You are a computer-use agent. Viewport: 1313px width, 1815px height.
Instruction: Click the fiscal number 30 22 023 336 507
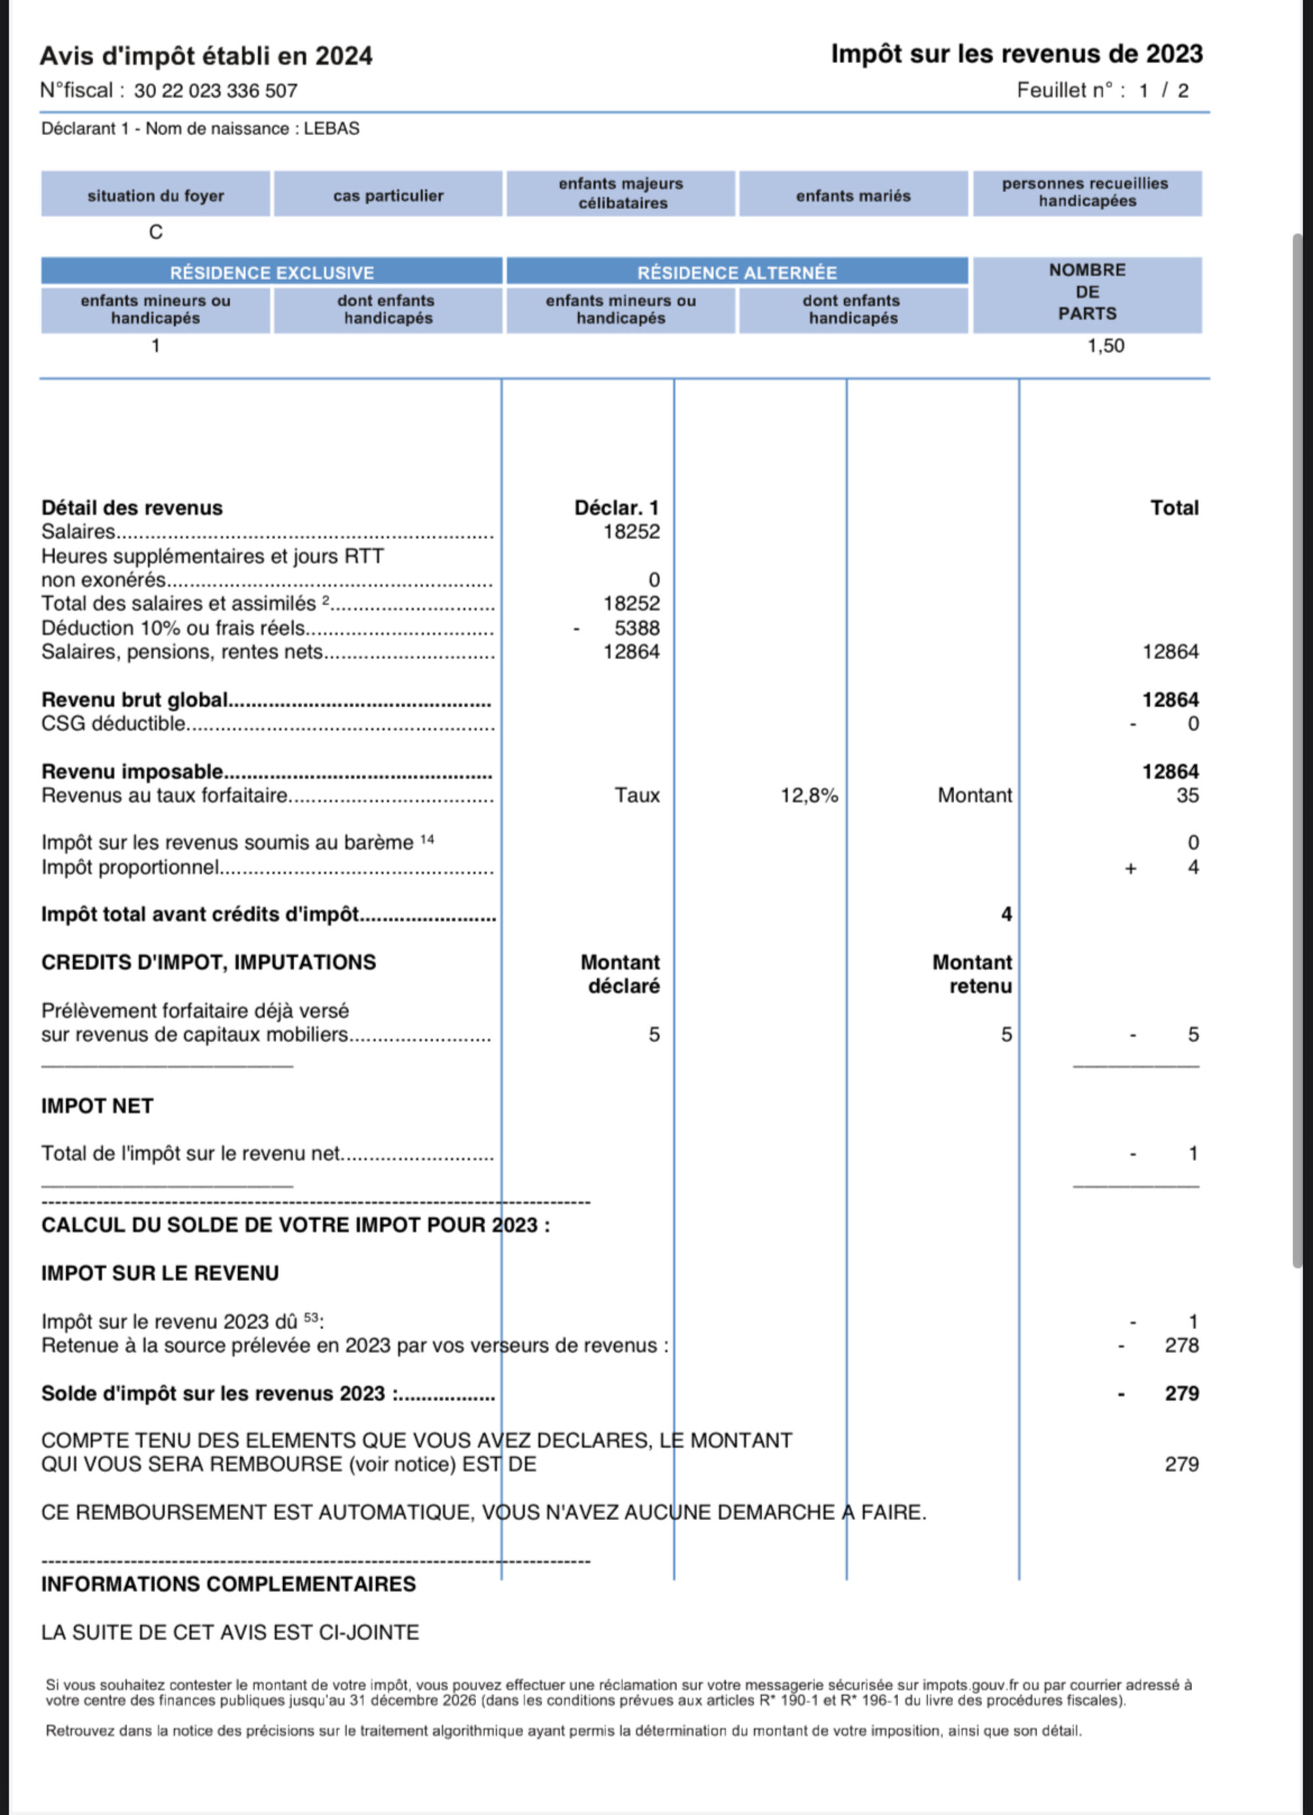(215, 91)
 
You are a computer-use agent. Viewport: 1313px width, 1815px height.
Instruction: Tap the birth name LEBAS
(332, 129)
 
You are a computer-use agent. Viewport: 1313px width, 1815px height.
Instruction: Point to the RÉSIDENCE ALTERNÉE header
(736, 273)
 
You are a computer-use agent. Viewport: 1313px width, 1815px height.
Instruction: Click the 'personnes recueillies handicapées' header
(1086, 193)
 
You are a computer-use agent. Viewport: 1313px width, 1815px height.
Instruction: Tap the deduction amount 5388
(637, 628)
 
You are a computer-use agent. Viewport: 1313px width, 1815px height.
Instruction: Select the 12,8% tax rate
(809, 795)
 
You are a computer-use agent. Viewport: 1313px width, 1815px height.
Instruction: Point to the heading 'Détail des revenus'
(132, 508)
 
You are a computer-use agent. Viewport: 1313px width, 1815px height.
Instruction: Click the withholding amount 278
(1181, 1345)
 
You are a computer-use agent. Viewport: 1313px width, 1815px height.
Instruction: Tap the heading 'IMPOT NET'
(97, 1106)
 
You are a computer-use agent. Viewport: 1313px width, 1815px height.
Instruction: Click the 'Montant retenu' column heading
(972, 974)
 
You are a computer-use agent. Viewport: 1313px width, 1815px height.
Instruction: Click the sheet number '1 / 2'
(1163, 91)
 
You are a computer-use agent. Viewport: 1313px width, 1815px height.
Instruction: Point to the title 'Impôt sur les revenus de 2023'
(1016, 55)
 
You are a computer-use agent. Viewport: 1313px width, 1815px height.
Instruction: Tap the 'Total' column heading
(1174, 508)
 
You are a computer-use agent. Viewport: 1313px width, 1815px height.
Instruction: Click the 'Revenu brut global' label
(135, 700)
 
